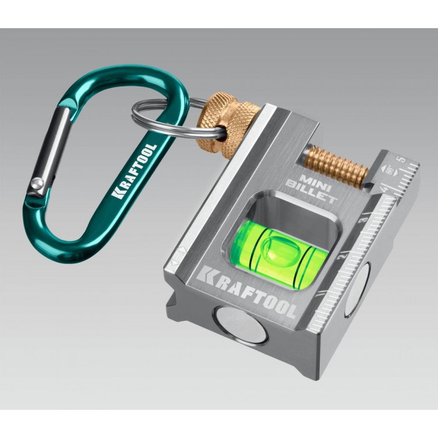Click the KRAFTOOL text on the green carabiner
point(135,171)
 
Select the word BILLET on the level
point(312,191)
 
